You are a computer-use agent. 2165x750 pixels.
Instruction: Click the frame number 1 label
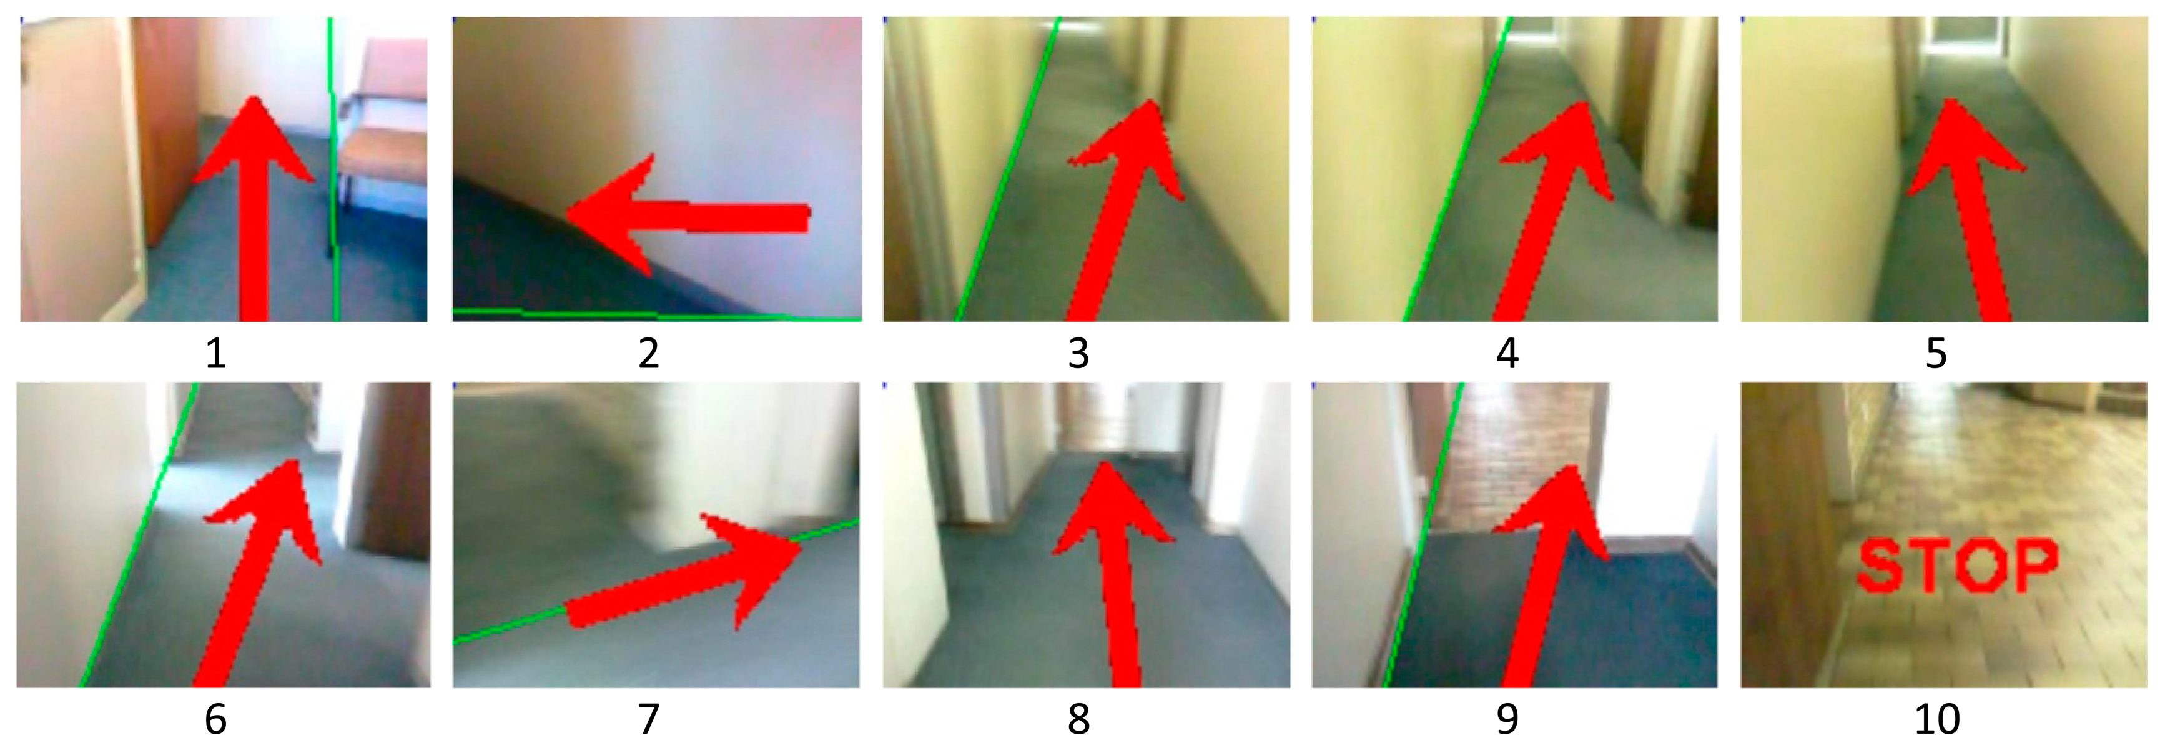pyautogui.click(x=215, y=353)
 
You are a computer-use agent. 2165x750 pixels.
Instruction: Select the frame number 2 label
pyautogui.click(x=648, y=353)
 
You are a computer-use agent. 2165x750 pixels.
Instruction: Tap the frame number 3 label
pyautogui.click(x=1078, y=353)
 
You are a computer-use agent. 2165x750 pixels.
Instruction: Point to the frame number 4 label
pyautogui.click(x=1508, y=353)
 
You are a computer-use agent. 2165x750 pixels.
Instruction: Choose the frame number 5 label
pyautogui.click(x=1936, y=353)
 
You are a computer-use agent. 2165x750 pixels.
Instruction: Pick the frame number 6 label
pyautogui.click(x=215, y=719)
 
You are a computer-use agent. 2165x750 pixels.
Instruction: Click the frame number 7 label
pyautogui.click(x=648, y=719)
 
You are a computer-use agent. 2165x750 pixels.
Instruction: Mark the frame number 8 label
pyautogui.click(x=1078, y=719)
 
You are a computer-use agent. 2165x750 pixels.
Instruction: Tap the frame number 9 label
pyautogui.click(x=1508, y=719)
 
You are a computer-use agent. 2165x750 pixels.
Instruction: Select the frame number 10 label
pyautogui.click(x=1936, y=719)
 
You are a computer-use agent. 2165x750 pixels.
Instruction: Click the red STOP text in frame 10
pyautogui.click(x=1958, y=566)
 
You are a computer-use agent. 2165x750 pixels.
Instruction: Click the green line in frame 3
pyautogui.click(x=1009, y=168)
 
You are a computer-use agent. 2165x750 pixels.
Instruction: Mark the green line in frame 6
pyautogui.click(x=139, y=535)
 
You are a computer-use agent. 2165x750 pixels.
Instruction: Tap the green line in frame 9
pyautogui.click(x=1424, y=535)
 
